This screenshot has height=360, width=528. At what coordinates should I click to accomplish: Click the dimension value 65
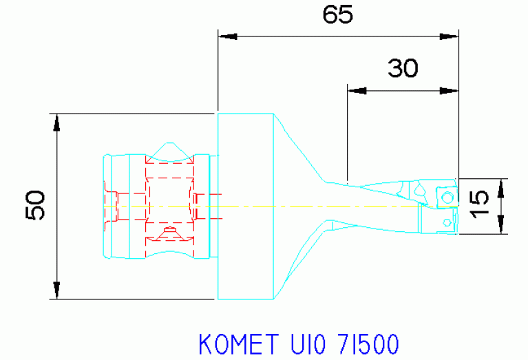[x=337, y=14]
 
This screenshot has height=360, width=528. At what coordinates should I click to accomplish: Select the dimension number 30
[x=403, y=68]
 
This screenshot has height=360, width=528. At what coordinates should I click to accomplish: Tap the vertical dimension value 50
[x=36, y=205]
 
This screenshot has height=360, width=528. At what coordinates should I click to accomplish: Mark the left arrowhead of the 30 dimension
[x=355, y=89]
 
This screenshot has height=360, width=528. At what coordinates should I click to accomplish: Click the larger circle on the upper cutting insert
[x=447, y=198]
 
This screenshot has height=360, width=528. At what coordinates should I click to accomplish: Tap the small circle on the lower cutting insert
[x=448, y=221]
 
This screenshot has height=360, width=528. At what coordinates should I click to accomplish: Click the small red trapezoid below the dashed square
[x=169, y=234]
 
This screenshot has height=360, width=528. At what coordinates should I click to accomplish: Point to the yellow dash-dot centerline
[x=310, y=207]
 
